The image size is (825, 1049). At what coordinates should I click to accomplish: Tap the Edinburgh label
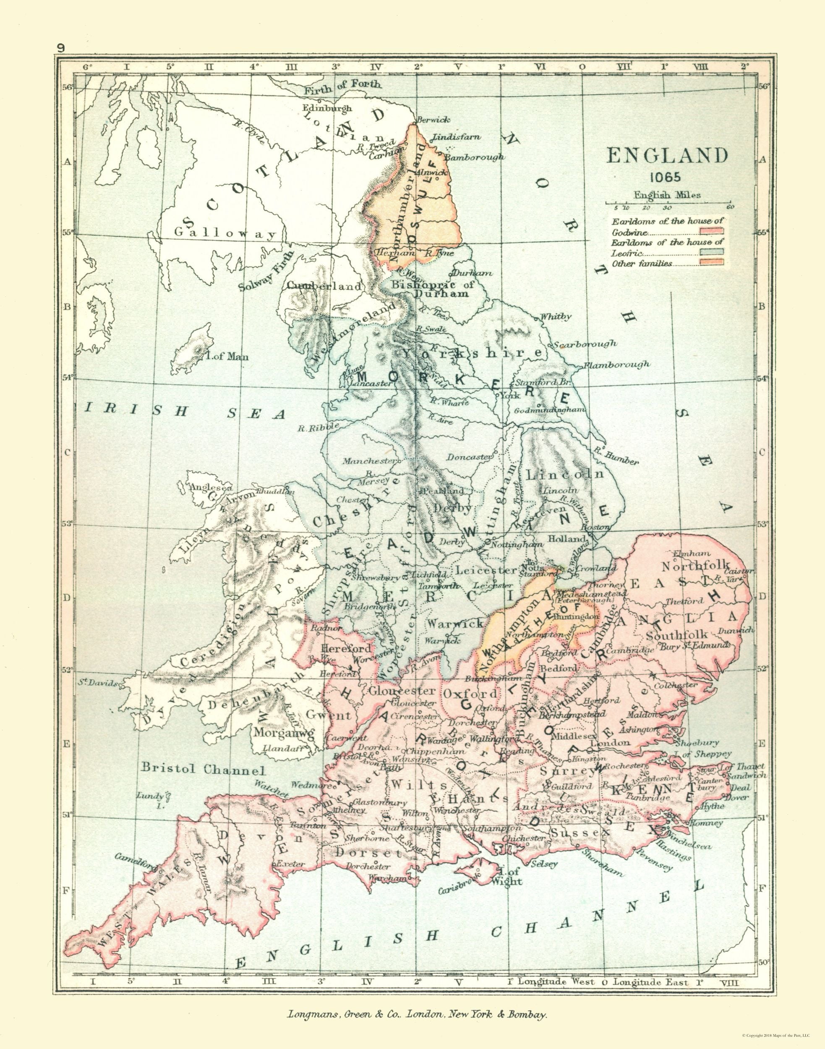pos(327,108)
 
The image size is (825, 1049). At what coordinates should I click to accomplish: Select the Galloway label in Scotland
pos(225,234)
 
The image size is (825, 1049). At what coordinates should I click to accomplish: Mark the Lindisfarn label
pos(457,137)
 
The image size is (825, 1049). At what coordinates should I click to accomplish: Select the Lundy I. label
pos(154,799)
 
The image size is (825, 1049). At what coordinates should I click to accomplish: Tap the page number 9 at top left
pos(61,48)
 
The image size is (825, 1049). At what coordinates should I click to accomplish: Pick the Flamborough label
pos(616,365)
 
